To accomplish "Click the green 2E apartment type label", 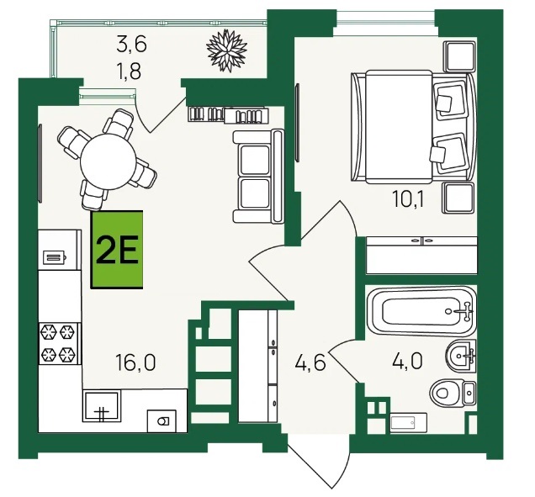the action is pos(117,250).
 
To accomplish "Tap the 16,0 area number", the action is pos(135,362).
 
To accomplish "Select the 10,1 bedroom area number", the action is pos(408,198).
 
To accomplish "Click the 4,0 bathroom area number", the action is pos(407,361).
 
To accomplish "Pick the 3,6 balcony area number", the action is pos(131,45).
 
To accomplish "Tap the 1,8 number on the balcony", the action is pos(129,71).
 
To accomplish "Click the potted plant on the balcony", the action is pos(227,50).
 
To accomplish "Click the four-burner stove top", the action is pos(60,343).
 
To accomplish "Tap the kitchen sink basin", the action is pos(102,406).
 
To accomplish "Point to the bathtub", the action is pos(421,311).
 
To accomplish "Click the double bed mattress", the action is pos(400,126).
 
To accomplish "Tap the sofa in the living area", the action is pos(258,176).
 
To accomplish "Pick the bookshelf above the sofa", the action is pos(228,114).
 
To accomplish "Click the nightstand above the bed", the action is pos(459,56).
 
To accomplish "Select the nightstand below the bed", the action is pos(458,198).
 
